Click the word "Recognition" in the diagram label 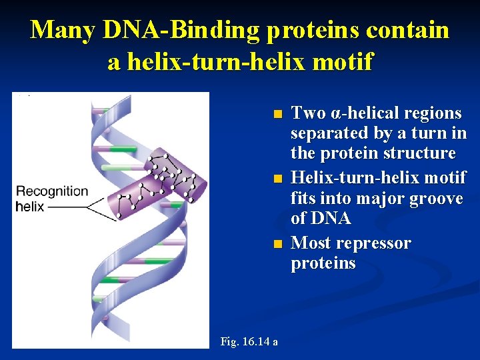point(52,191)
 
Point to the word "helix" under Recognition point(30,206)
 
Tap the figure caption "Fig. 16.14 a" point(249,342)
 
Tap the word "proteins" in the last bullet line point(323,263)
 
